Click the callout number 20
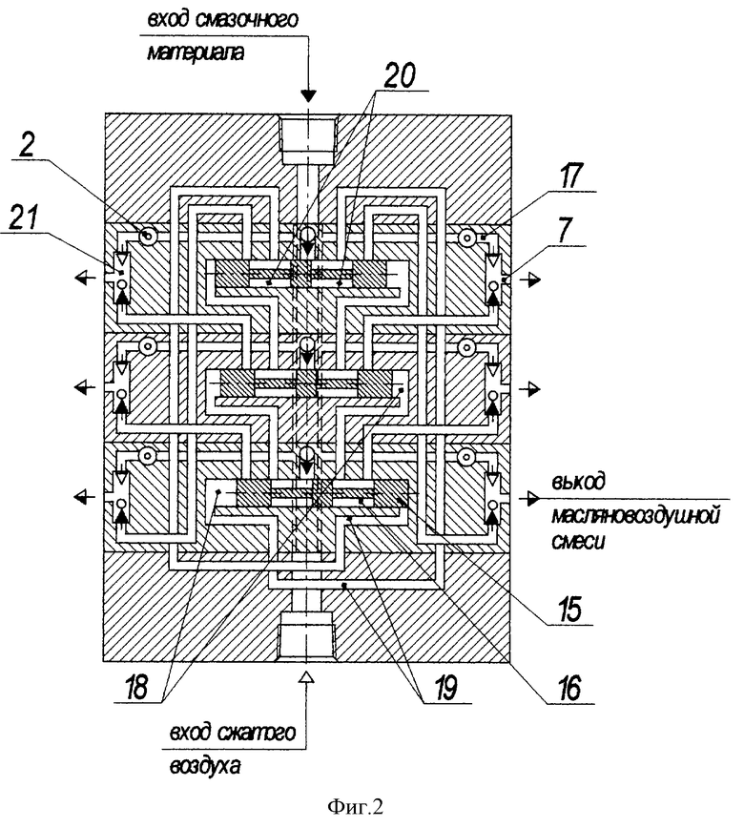click(400, 75)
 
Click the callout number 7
click(565, 231)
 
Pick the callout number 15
click(569, 609)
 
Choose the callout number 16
click(569, 687)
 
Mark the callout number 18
click(135, 687)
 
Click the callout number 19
click(444, 687)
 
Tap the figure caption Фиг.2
click(355, 806)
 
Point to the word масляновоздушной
click(636, 515)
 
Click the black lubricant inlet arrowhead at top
click(308, 95)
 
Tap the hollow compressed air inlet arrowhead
click(306, 677)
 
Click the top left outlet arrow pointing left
click(85, 277)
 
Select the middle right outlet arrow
click(529, 389)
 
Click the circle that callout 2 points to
click(148, 237)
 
